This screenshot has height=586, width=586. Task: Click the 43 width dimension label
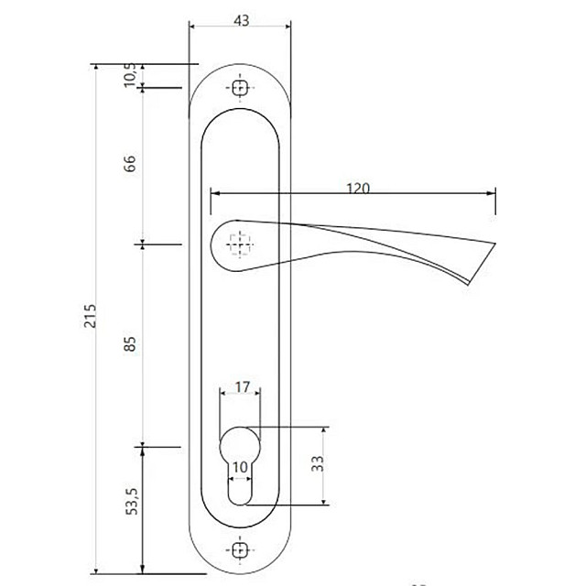pyautogui.click(x=242, y=20)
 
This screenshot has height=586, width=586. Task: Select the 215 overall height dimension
pyautogui.click(x=90, y=316)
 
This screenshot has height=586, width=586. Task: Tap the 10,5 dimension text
pyautogui.click(x=130, y=75)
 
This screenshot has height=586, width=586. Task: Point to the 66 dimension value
pyautogui.click(x=130, y=163)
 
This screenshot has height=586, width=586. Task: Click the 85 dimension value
pyautogui.click(x=130, y=344)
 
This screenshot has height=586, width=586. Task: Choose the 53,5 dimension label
pyautogui.click(x=132, y=502)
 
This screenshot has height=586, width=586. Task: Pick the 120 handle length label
pyautogui.click(x=358, y=189)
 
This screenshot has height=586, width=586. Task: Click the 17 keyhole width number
pyautogui.click(x=242, y=387)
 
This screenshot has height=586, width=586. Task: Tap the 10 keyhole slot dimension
pyautogui.click(x=240, y=467)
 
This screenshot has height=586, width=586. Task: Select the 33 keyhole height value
pyautogui.click(x=318, y=463)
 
